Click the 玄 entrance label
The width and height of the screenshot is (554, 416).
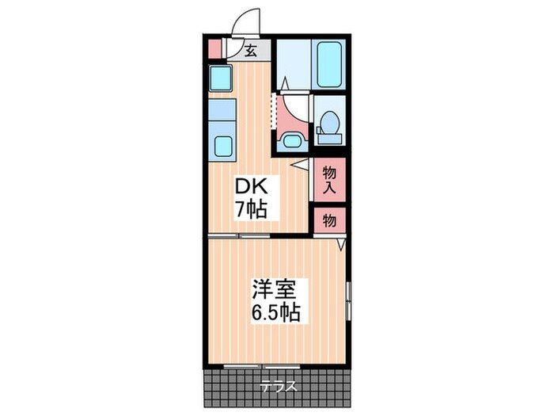[x=251, y=52]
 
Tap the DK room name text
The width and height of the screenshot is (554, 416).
[x=252, y=186]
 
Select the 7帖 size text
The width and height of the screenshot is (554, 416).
[x=251, y=210]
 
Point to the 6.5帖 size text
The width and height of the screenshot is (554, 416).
[x=276, y=312]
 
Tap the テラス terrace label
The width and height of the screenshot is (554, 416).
[x=279, y=387]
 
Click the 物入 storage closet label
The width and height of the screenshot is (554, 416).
[x=329, y=180]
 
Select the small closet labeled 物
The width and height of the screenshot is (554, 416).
[x=329, y=221]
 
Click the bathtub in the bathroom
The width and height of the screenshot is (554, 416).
[x=329, y=64]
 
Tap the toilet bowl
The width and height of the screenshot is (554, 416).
[x=330, y=123]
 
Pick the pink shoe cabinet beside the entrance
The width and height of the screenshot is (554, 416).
[x=214, y=49]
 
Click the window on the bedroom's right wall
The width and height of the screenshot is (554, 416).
[x=348, y=301]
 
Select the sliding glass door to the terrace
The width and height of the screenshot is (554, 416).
[x=262, y=366]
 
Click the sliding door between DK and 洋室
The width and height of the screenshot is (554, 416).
[x=239, y=235]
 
